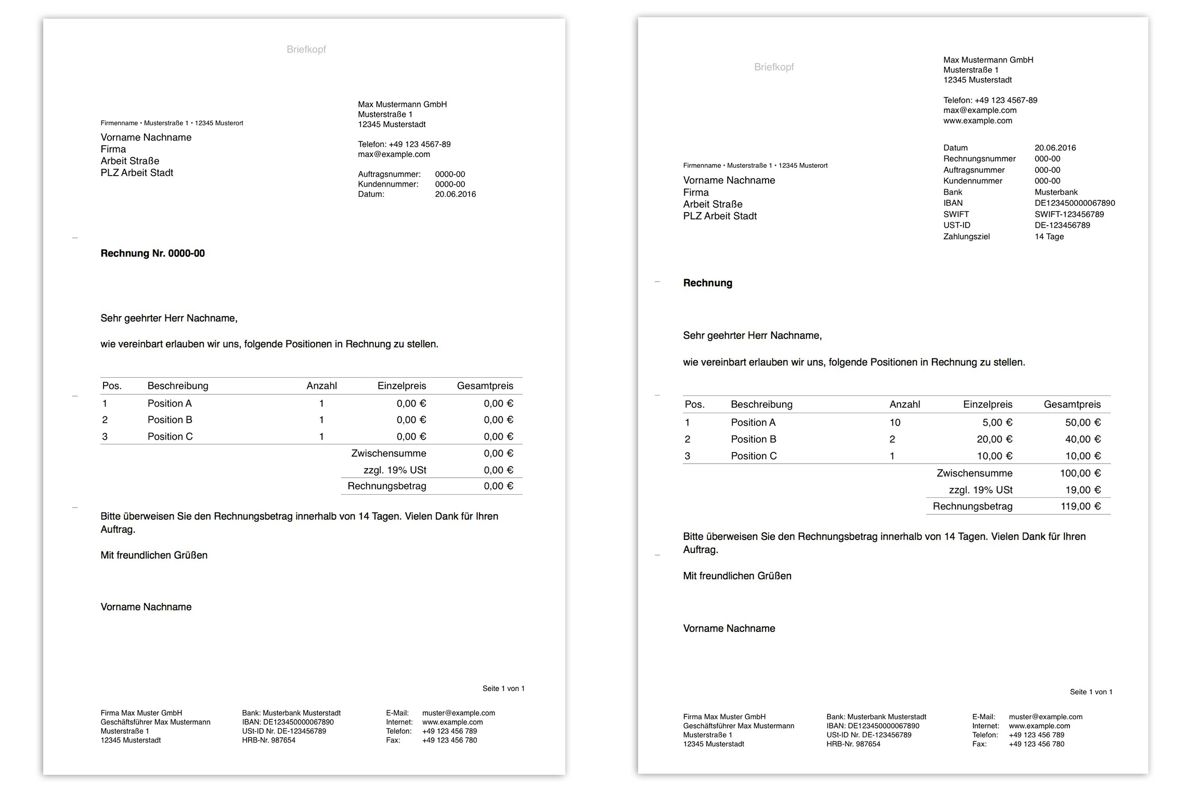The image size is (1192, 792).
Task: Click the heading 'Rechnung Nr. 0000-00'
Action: tap(152, 254)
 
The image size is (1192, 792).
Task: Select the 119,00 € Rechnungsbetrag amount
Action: tap(1080, 506)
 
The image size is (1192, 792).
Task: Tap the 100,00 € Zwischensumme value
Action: tap(1080, 473)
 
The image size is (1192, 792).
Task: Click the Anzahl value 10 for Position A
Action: tap(895, 423)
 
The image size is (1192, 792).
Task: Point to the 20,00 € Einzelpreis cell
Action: tap(994, 439)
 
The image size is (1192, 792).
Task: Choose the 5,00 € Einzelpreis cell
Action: tap(997, 423)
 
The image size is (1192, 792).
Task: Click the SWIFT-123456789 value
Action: tap(1069, 214)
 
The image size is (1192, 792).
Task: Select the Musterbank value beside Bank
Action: tap(1056, 192)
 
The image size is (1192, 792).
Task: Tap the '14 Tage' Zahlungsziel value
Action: tap(1049, 236)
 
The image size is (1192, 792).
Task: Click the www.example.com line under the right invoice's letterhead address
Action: tap(977, 121)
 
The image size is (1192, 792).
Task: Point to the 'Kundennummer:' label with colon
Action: tap(388, 184)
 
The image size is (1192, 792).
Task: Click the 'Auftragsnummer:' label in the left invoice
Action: tap(389, 175)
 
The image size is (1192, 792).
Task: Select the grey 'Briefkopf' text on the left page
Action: tap(306, 49)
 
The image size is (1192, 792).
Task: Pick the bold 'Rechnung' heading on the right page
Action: tap(707, 283)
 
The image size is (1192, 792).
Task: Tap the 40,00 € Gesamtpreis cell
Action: tap(1082, 439)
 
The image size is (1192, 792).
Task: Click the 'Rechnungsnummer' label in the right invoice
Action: tap(979, 159)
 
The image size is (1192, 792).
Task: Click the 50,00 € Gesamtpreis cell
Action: tap(1082, 423)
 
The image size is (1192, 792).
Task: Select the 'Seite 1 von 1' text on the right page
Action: tap(1091, 692)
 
